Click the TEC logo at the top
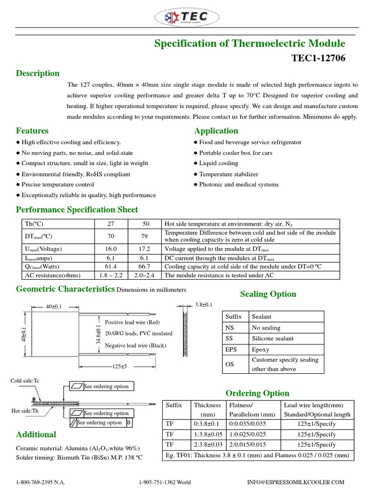187,18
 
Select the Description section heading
37,74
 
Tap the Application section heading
216,131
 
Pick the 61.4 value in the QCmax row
111,267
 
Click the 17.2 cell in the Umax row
145,249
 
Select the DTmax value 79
145,236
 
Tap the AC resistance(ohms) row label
52,275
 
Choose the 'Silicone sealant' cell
273,339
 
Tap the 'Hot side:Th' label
24,411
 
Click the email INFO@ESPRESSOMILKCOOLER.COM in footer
296,482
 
